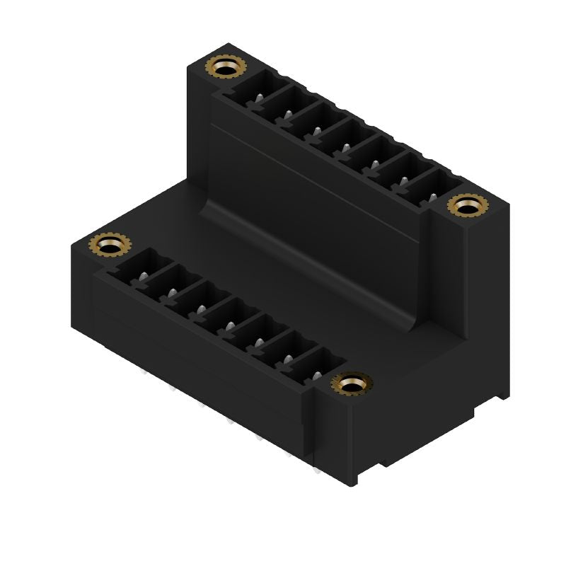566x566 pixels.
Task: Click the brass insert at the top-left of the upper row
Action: click(x=225, y=69)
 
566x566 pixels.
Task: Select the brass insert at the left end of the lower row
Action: click(x=110, y=245)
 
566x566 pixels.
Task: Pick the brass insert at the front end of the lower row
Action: click(x=352, y=384)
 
